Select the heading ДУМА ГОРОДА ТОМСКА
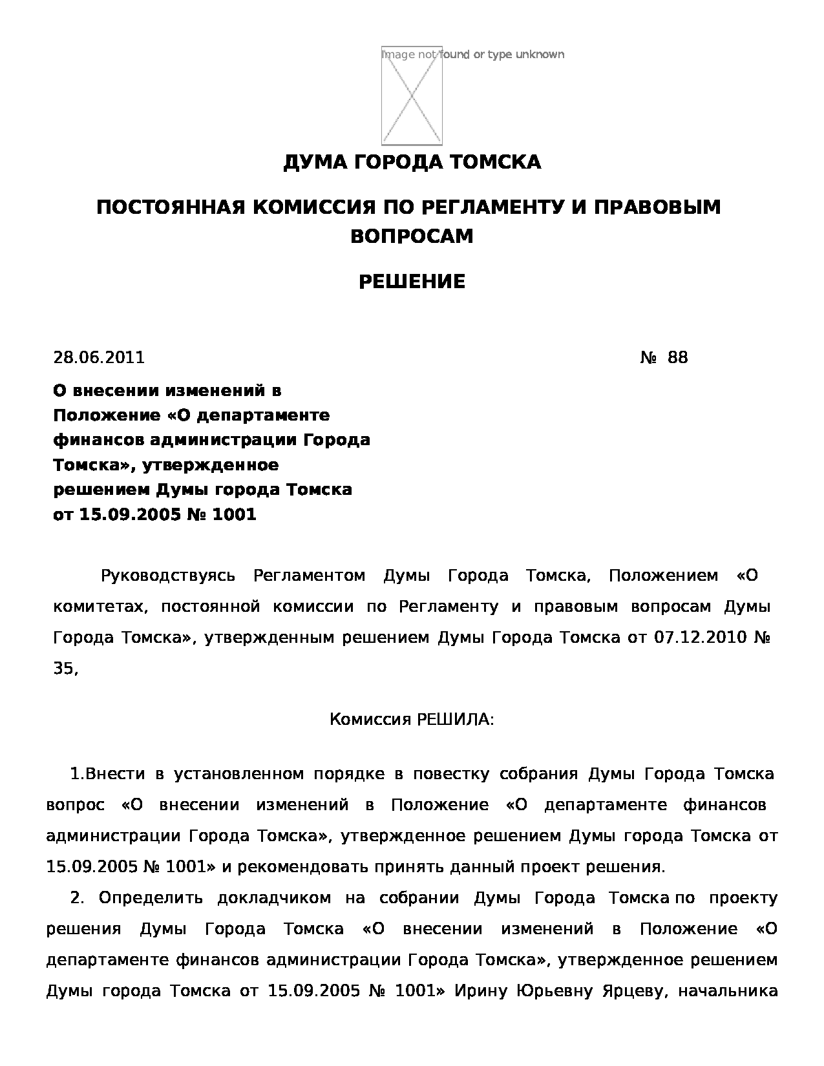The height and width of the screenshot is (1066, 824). (x=412, y=162)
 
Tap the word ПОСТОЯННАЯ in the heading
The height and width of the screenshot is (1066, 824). (x=169, y=207)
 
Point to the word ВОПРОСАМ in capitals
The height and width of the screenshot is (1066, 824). (x=412, y=236)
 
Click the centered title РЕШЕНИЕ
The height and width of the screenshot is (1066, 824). (x=412, y=282)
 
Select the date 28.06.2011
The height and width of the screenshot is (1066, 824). (x=99, y=357)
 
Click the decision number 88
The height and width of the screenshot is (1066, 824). (x=678, y=357)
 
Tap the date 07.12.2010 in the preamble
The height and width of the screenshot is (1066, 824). (x=701, y=638)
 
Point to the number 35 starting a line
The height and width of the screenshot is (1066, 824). (x=63, y=669)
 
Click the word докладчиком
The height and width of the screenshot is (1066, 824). (x=275, y=898)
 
